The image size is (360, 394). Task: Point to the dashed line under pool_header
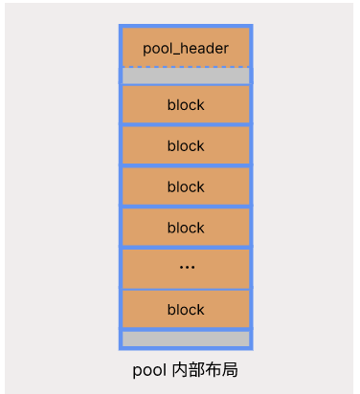coord(186,67)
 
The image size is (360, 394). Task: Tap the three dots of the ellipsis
coord(186,268)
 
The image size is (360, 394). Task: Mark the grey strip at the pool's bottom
coord(186,339)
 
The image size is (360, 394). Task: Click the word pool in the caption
coord(149,369)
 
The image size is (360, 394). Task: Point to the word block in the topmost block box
coord(186,105)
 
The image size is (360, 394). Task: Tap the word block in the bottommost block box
coord(186,310)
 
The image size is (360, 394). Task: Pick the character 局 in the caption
coord(230,369)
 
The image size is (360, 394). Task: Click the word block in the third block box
coord(186,187)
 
